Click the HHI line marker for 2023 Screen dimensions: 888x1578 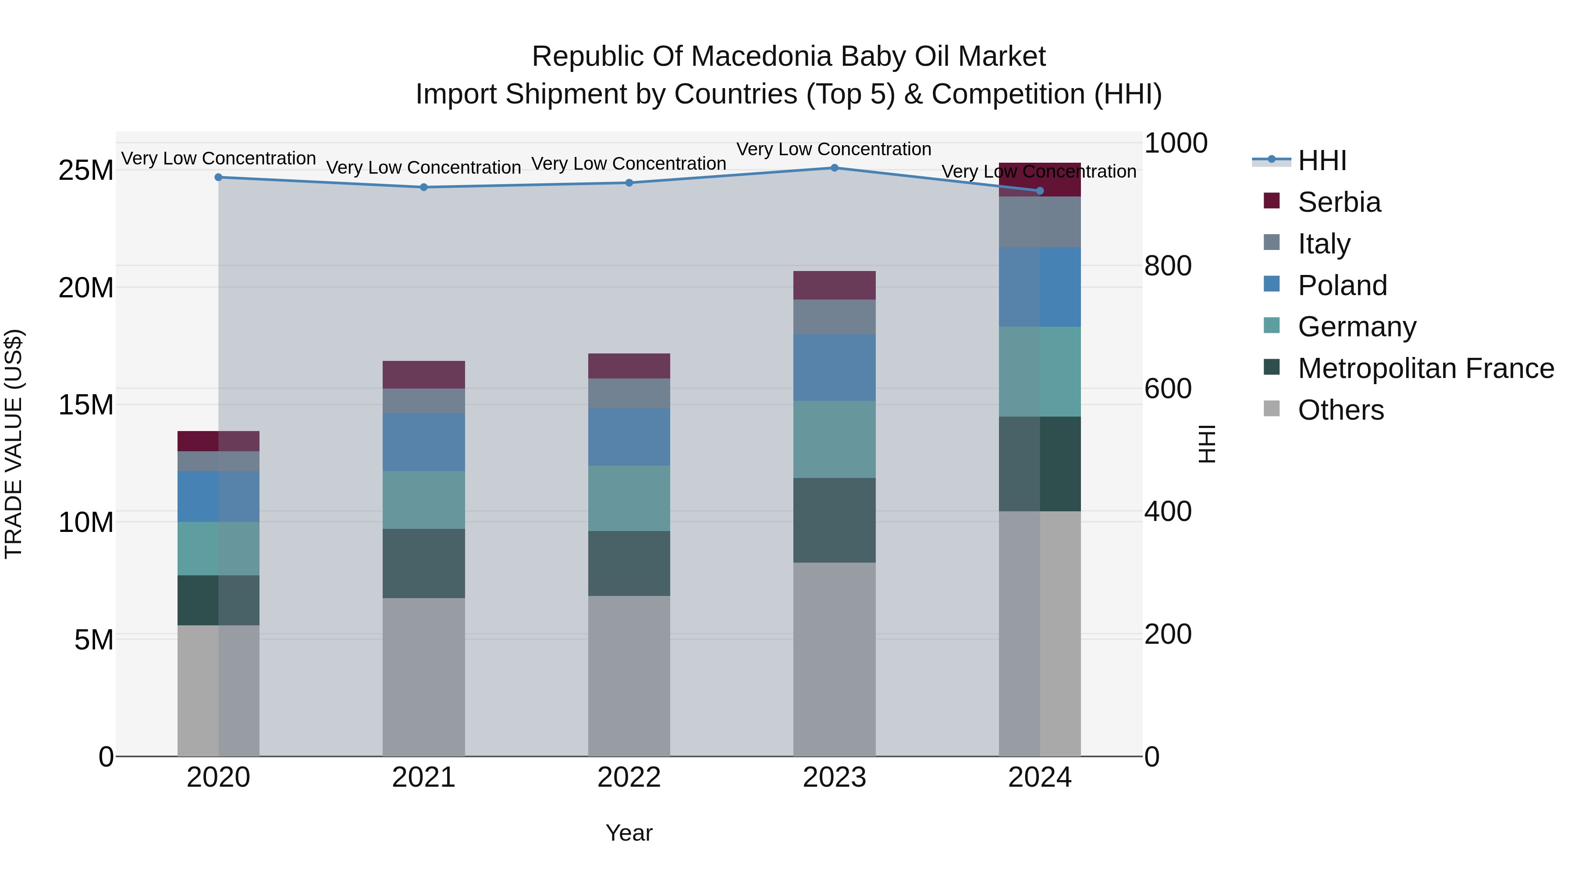click(x=834, y=168)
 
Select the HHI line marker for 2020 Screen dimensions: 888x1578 click(x=219, y=177)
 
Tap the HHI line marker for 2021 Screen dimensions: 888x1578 click(x=424, y=187)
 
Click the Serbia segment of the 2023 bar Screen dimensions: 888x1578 click(x=834, y=285)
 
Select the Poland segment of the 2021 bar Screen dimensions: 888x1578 click(x=424, y=442)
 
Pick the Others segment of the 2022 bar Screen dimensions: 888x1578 click(x=629, y=675)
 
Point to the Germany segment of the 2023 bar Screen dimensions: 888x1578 click(x=834, y=439)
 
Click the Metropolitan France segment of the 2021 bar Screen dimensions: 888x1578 click(x=424, y=563)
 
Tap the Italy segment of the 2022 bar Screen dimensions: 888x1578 click(x=629, y=393)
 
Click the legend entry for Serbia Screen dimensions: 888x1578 click(x=1339, y=202)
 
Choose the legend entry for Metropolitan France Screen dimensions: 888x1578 click(x=1425, y=368)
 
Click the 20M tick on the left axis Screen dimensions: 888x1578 click(x=86, y=287)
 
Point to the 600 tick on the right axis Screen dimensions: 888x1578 click(x=1168, y=389)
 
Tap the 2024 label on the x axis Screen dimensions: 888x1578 click(x=1040, y=777)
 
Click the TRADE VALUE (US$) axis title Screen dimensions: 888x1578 click(x=14, y=444)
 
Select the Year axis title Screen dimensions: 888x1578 click(x=629, y=833)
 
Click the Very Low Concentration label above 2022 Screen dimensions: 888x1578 click(x=629, y=164)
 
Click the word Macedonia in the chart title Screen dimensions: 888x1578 click(x=763, y=57)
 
